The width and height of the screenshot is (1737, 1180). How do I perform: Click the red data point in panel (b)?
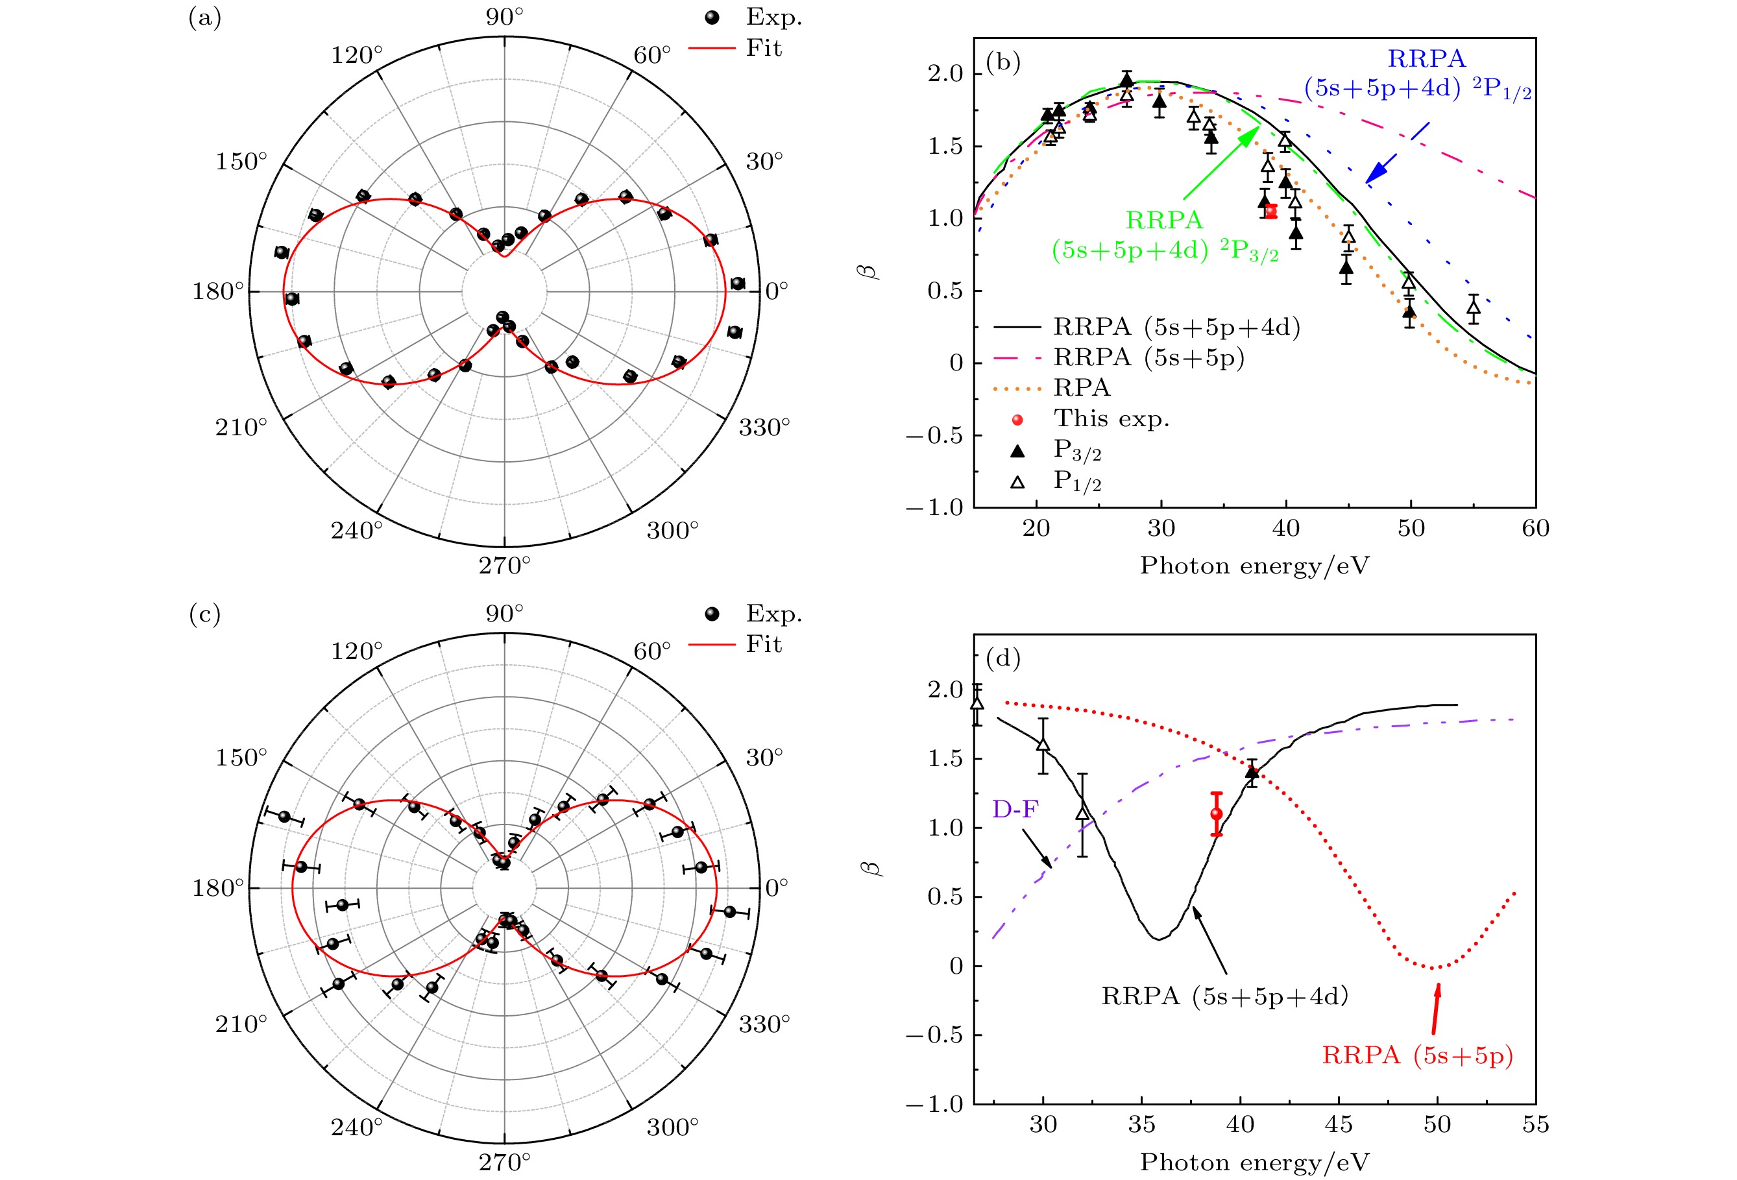tap(1270, 211)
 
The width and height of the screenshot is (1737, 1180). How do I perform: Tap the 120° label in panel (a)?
tap(356, 55)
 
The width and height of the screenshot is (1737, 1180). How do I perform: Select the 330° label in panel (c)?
tap(764, 1023)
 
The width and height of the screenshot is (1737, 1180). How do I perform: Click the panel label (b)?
tap(1003, 62)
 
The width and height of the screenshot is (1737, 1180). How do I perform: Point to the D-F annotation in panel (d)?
tap(1014, 808)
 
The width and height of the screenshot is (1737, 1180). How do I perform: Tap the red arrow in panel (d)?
tap(1435, 1009)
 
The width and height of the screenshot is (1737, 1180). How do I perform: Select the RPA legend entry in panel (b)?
tap(1081, 388)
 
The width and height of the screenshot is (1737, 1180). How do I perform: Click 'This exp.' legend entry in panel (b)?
tap(1111, 418)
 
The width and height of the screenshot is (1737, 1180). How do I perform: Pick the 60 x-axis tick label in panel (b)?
tap(1535, 528)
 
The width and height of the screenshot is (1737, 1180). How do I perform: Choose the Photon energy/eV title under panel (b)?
tap(1254, 566)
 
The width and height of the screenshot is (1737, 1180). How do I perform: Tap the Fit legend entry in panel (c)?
tap(763, 644)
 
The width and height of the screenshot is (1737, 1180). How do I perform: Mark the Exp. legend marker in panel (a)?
tap(712, 17)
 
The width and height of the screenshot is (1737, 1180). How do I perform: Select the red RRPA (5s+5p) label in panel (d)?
tap(1417, 1055)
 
